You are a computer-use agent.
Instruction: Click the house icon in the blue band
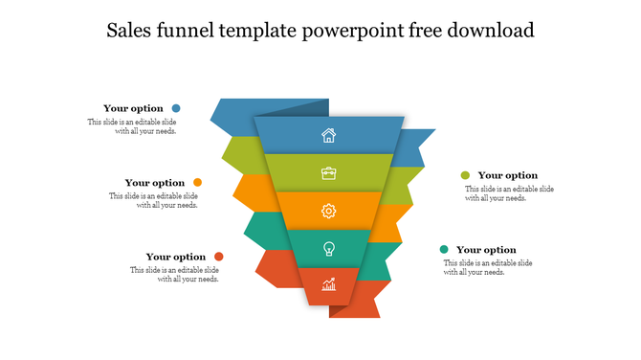click(328, 135)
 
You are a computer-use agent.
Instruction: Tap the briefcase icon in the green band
click(328, 173)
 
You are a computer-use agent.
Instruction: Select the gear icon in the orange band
click(328, 211)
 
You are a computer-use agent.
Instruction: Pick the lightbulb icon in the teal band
click(328, 248)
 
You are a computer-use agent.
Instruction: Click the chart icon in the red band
click(328, 283)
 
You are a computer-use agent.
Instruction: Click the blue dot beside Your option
click(176, 109)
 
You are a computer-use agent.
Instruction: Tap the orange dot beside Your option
click(197, 182)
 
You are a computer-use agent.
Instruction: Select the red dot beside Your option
click(219, 257)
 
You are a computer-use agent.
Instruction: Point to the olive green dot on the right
click(465, 175)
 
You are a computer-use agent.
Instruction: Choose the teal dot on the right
click(444, 250)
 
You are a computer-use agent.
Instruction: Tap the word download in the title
click(489, 31)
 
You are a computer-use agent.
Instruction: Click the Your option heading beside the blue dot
click(134, 109)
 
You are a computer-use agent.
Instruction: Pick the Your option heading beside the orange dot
click(155, 183)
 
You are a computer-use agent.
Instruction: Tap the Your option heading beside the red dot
click(176, 257)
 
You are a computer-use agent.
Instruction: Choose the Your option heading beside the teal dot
click(486, 250)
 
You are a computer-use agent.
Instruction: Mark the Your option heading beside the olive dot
click(508, 175)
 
